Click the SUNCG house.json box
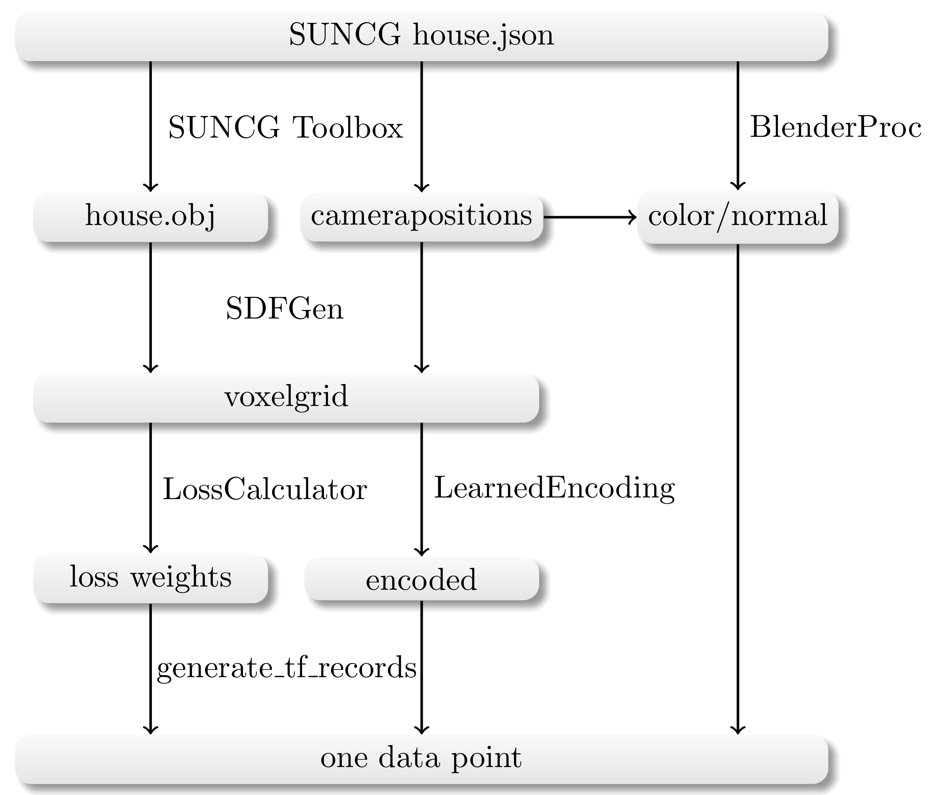click(x=422, y=36)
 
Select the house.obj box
click(x=151, y=217)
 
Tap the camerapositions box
click(x=422, y=217)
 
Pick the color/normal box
click(x=737, y=217)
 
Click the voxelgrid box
click(x=286, y=397)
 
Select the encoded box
click(x=422, y=579)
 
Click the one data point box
click(x=422, y=759)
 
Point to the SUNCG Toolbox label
click(x=286, y=128)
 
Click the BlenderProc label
click(x=835, y=128)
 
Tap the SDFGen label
click(x=284, y=309)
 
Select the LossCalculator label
click(x=264, y=489)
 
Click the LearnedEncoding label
click(x=554, y=489)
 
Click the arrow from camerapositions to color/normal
click(x=590, y=217)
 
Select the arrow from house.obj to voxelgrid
click(x=151, y=306)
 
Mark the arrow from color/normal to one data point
click(x=737, y=487)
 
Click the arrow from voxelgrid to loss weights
click(x=151, y=487)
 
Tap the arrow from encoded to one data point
click(x=422, y=667)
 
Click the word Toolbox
click(x=347, y=128)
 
